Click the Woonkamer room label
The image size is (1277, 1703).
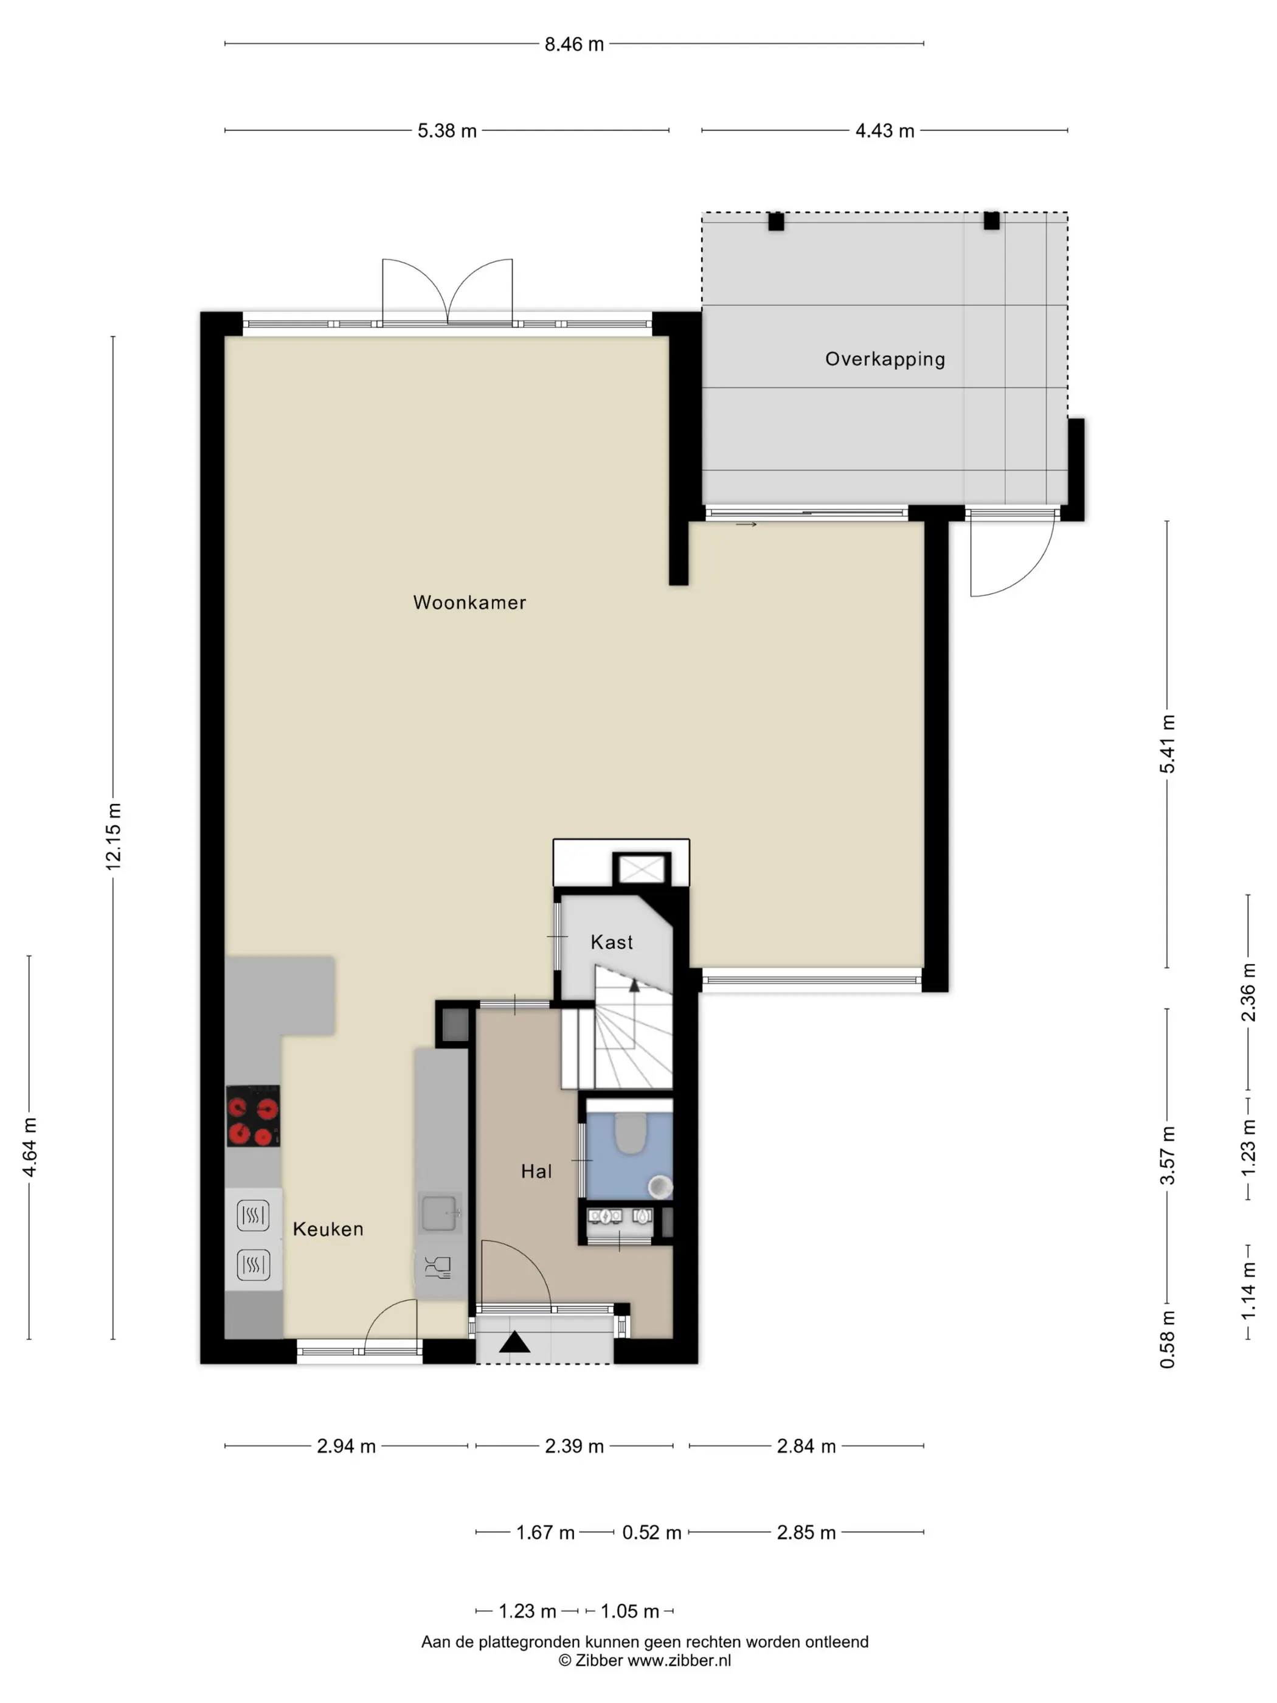pos(469,602)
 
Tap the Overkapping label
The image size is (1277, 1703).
pos(885,359)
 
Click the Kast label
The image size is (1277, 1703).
pos(612,942)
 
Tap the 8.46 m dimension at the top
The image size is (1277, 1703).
pos(574,44)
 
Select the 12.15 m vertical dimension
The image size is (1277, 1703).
pos(113,836)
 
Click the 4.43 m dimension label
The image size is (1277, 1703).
pos(885,131)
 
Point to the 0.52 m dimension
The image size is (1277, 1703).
pos(652,1532)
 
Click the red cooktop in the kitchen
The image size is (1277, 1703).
pos(253,1115)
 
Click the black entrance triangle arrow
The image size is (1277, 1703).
pos(515,1342)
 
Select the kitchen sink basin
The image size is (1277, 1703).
pos(440,1213)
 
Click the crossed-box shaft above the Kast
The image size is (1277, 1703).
pos(642,869)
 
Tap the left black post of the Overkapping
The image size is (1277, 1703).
pos(776,222)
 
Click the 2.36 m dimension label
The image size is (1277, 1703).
pos(1248,993)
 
